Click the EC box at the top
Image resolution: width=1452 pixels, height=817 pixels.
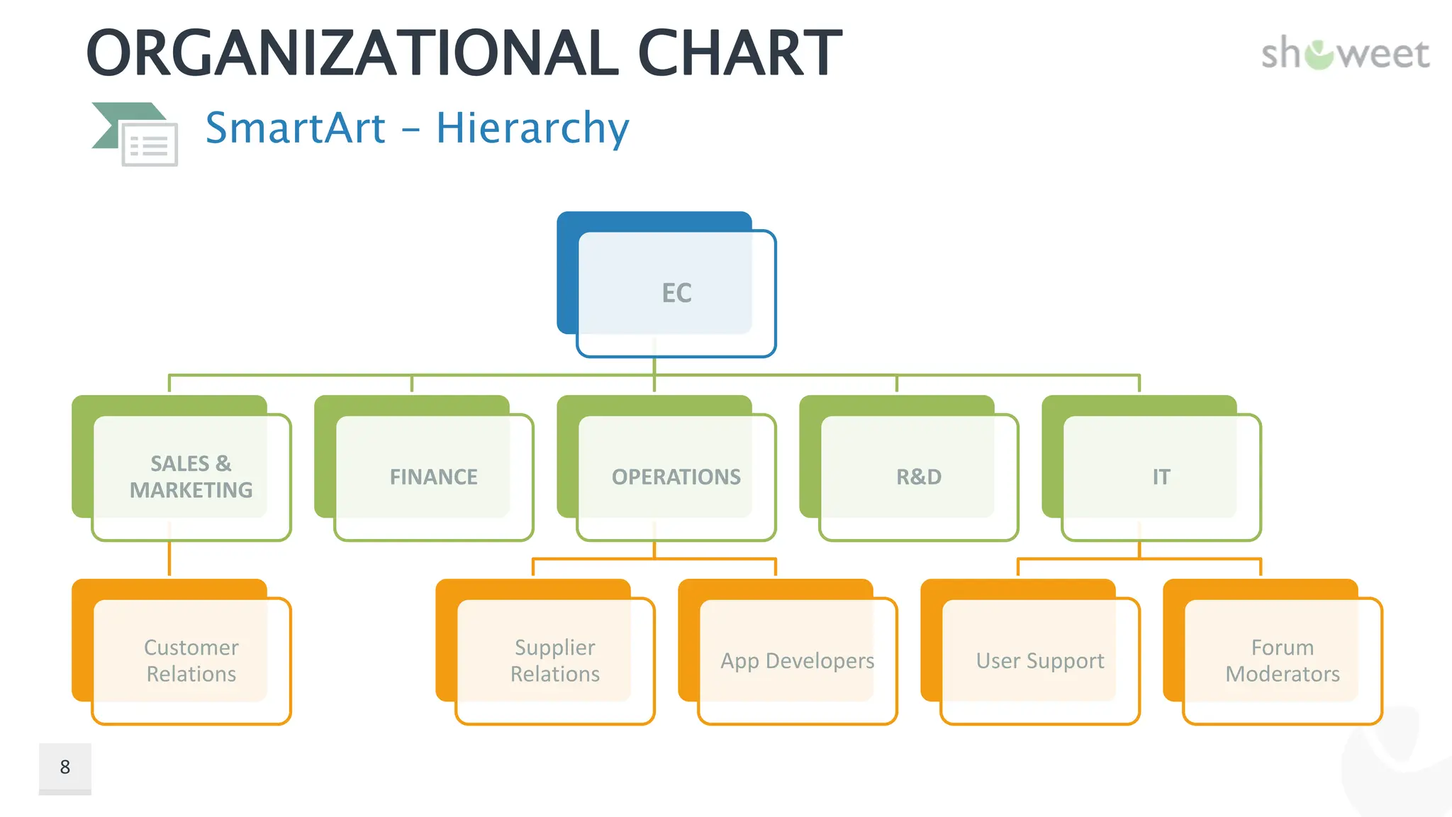coord(676,293)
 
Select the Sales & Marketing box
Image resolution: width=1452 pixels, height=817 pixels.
coord(191,477)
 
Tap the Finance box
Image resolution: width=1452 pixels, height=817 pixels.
coord(433,477)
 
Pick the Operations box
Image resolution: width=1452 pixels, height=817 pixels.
coord(676,477)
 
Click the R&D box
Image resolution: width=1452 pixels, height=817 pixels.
coord(918,477)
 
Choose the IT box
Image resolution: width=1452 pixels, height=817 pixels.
coord(1161,477)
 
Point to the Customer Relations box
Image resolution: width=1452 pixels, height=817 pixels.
coord(191,660)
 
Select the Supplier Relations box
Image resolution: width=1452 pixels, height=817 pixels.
coord(554,660)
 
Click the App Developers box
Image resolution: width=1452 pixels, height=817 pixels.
coord(797,660)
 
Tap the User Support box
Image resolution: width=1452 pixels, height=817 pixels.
coord(1039,660)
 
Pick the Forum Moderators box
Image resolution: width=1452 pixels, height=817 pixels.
coord(1282,660)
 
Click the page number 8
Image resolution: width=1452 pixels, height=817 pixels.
coord(65,767)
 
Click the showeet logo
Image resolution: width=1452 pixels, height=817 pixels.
coord(1345,55)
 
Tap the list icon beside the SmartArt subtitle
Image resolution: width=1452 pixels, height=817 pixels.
coord(149,144)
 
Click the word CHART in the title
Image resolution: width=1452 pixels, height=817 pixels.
coord(739,53)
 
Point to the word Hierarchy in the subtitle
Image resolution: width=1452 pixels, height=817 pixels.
coord(532,128)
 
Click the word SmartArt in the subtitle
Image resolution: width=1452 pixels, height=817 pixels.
coord(296,128)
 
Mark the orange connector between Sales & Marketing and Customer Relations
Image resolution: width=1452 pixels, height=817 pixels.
coord(169,559)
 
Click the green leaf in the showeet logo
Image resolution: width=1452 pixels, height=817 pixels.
coord(1319,55)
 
